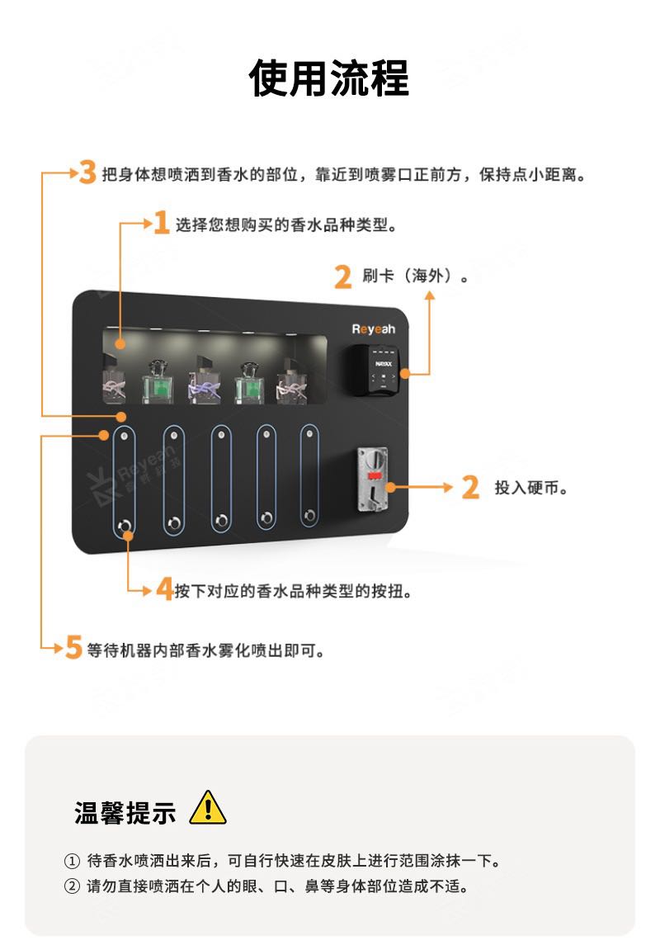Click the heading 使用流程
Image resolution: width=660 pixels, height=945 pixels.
point(329,78)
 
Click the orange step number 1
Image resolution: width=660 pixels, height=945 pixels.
point(161,222)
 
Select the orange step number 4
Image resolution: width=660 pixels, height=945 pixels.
point(164,588)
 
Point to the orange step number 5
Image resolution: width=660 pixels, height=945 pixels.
point(73,648)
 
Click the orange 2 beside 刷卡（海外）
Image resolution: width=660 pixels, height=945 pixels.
point(342,277)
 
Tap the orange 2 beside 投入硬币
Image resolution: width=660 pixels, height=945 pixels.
point(470,487)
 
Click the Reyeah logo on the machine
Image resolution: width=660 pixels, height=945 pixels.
point(374,329)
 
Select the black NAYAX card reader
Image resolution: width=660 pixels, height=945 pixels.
point(375,370)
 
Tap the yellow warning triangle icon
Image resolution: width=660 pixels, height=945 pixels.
point(208,808)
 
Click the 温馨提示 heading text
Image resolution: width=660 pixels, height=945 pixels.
point(125,812)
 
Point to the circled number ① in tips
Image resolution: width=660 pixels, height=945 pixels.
point(72,861)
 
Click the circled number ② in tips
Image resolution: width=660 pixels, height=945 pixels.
point(72,886)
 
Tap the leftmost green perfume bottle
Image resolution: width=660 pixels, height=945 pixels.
point(158,383)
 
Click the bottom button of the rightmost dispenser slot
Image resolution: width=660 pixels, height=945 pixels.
point(309,515)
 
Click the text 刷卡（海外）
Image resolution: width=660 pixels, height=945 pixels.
point(415,276)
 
